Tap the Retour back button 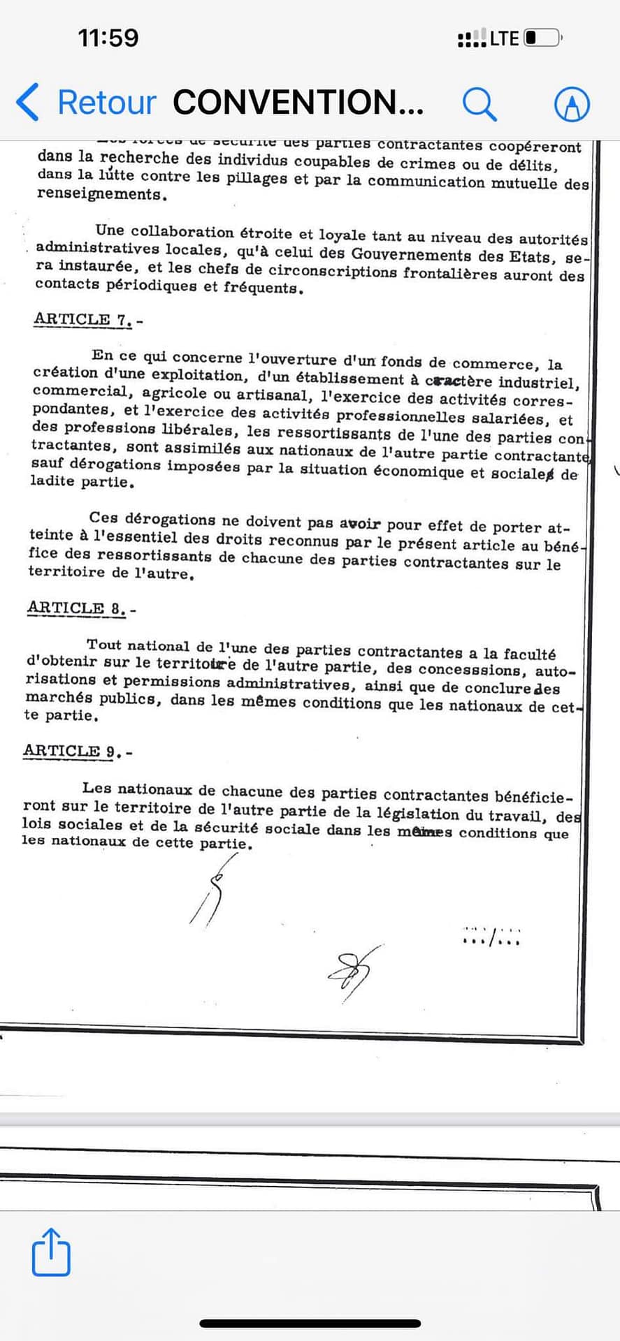coord(86,103)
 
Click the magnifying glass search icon coord(480,104)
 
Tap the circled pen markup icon coord(572,105)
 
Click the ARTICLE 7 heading coord(83,320)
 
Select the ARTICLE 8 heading coord(77,608)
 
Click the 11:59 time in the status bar coord(108,38)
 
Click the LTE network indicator coord(504,38)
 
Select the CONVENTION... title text coord(298,103)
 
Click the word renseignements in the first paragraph coord(100,194)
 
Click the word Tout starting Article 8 coord(103,645)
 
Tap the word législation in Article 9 coord(418,814)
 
